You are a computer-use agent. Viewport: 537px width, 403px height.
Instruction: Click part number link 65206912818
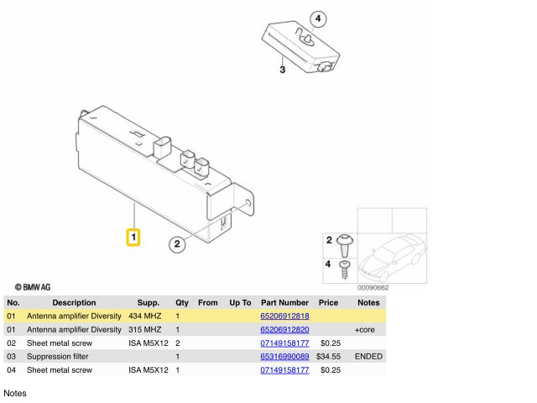[x=284, y=317]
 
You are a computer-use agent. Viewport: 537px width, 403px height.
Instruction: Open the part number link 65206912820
[x=284, y=330]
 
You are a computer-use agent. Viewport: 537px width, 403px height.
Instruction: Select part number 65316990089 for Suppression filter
[x=284, y=357]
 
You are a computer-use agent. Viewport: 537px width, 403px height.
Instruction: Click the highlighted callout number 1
[x=133, y=238]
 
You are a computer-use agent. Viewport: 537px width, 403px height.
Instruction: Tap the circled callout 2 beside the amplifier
[x=176, y=244]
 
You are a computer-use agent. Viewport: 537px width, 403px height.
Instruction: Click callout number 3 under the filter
[x=282, y=70]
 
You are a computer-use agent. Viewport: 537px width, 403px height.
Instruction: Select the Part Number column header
[x=284, y=302]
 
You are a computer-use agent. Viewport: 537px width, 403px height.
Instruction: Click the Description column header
[x=74, y=302]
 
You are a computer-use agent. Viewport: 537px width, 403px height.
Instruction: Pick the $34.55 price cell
[x=328, y=357]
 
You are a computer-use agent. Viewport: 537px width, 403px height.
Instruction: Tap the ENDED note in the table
[x=368, y=357]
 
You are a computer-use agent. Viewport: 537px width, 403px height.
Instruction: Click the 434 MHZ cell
[x=146, y=317]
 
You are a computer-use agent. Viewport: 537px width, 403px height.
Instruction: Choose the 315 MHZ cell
[x=146, y=330]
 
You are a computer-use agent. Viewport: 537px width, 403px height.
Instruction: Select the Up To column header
[x=240, y=302]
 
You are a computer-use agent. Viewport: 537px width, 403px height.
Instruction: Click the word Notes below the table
[x=16, y=392]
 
